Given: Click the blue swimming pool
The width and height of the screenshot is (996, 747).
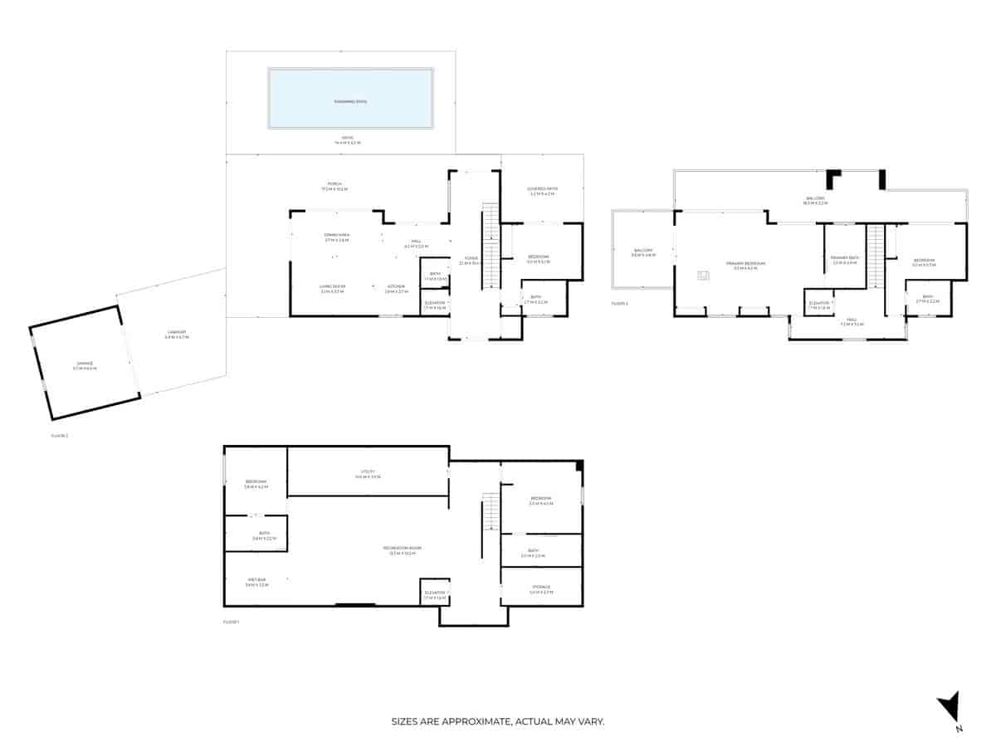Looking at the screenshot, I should pos(350,98).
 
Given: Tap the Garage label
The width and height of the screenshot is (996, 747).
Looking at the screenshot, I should pos(85,365).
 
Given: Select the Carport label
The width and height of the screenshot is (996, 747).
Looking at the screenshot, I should pos(176,334).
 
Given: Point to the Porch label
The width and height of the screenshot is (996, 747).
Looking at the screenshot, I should pos(334,186).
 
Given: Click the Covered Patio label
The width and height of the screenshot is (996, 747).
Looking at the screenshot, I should pos(542,191).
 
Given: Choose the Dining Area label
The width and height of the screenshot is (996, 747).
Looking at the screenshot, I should pos(336,237).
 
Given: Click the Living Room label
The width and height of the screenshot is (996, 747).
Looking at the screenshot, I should pos(332,289).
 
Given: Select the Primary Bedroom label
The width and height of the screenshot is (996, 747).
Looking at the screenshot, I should pos(745,266).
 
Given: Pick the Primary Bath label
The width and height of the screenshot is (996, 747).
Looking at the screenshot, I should pos(843,260).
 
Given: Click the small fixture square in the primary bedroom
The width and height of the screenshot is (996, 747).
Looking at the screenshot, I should pos(703,275).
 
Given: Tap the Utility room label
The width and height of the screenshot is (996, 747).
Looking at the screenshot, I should pos(367,475).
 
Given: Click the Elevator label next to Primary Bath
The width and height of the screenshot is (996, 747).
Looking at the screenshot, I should pos(819,304).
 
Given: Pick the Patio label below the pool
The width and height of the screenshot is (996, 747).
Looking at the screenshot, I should pos(347,139).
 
